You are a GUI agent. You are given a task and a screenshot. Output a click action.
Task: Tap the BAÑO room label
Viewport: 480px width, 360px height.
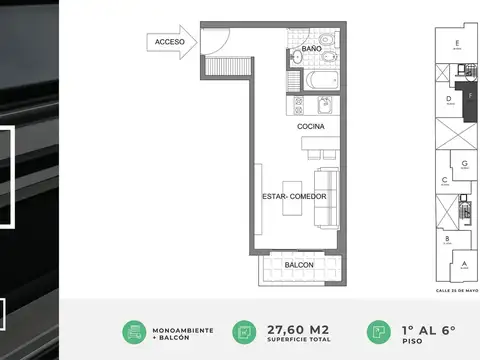(310, 47)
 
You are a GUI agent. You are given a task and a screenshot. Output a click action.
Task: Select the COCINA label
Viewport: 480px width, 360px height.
(311, 127)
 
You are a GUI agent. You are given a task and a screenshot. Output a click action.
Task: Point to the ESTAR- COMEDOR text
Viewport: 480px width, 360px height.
(294, 196)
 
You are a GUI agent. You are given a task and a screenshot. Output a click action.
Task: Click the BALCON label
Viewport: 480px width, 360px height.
(299, 265)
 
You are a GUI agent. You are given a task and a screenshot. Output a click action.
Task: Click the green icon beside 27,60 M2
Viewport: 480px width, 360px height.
(243, 332)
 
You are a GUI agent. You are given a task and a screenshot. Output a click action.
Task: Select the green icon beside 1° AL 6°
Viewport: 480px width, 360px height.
(378, 332)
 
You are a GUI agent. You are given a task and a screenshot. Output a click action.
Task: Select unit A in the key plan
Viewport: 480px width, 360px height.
(463, 264)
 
